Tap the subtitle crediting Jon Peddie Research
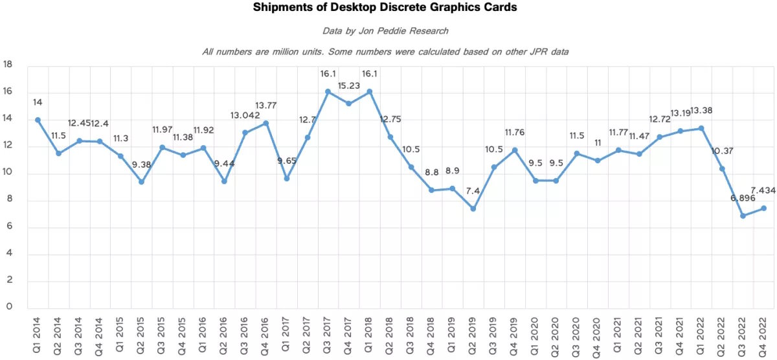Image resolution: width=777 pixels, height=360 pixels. [385, 30]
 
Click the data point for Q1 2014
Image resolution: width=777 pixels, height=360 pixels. [38, 120]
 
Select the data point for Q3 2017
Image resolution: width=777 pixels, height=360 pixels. [328, 91]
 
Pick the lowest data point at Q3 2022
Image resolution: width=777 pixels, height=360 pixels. [743, 216]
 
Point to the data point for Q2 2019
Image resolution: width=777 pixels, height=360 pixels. [473, 208]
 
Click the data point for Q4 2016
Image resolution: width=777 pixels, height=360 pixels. [265, 123]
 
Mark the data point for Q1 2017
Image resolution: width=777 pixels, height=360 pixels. [286, 179]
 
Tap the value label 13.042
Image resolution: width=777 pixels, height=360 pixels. [245, 115]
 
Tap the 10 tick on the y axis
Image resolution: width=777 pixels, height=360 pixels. [8, 172]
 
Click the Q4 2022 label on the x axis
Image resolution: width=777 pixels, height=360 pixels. [763, 332]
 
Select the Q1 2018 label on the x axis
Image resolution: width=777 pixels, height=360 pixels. [369, 332]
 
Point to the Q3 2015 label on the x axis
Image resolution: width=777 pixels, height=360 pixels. [162, 332]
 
